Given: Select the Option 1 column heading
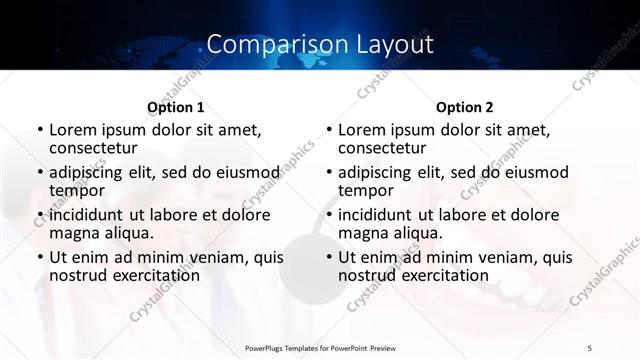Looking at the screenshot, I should tap(176, 107).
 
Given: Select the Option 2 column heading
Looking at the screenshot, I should tap(465, 107).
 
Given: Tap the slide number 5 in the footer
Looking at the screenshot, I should tap(589, 347).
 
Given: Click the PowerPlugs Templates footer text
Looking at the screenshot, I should tap(319, 347).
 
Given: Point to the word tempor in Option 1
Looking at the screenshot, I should tap(75, 190).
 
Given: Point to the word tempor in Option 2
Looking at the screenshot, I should tap(364, 190).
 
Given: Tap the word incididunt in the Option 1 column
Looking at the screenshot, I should tap(88, 214).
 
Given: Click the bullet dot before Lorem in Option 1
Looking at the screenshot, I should tap(40, 131).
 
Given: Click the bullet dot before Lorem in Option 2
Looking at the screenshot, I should tap(329, 131).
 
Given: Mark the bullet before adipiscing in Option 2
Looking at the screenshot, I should tap(329, 173).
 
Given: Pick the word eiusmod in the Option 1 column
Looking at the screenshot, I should tap(246, 172).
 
